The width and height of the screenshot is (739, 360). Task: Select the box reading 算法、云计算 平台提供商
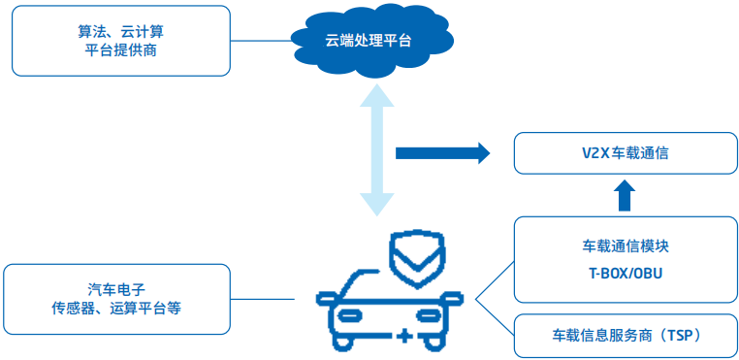pos(121,41)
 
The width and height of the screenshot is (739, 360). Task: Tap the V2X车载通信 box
pos(625,154)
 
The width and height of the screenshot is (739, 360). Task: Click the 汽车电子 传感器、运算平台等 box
pos(116,299)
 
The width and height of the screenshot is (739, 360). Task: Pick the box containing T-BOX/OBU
pos(625,260)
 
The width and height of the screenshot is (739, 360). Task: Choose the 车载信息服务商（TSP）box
pos(625,335)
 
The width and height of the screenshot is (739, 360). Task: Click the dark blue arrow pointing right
pos(442,152)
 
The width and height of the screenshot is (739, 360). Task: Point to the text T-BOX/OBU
pos(625,274)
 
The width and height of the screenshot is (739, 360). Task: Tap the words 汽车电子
pos(116,289)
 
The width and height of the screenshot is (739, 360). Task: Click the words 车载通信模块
pos(625,247)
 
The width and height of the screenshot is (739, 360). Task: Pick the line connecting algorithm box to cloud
pos(262,41)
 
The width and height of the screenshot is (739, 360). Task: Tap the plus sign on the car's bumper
pos(403,336)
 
